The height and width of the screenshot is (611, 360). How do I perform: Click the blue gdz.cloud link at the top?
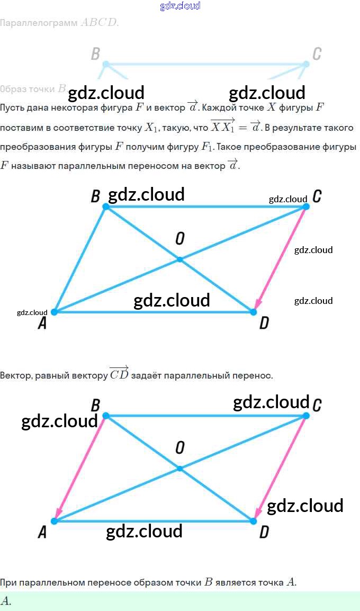(x=180, y=6)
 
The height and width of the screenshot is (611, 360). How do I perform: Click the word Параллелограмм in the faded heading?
(x=39, y=23)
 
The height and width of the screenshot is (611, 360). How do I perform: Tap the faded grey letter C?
(x=317, y=53)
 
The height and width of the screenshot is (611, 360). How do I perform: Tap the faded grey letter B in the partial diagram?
(x=95, y=53)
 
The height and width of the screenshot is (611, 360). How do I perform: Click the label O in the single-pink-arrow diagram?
(x=179, y=239)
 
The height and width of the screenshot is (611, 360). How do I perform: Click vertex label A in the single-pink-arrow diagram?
(x=42, y=323)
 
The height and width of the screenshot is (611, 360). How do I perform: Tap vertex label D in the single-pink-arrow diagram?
(x=264, y=323)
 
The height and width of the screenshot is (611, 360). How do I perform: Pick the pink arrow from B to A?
(x=81, y=469)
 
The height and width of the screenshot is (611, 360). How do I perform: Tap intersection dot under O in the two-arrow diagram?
(x=179, y=469)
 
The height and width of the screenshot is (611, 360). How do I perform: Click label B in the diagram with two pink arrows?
(x=95, y=406)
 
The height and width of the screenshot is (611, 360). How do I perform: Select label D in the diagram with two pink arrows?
(x=264, y=532)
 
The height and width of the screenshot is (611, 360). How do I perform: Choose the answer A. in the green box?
(x=6, y=601)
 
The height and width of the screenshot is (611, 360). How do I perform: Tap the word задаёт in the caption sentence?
(x=146, y=376)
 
